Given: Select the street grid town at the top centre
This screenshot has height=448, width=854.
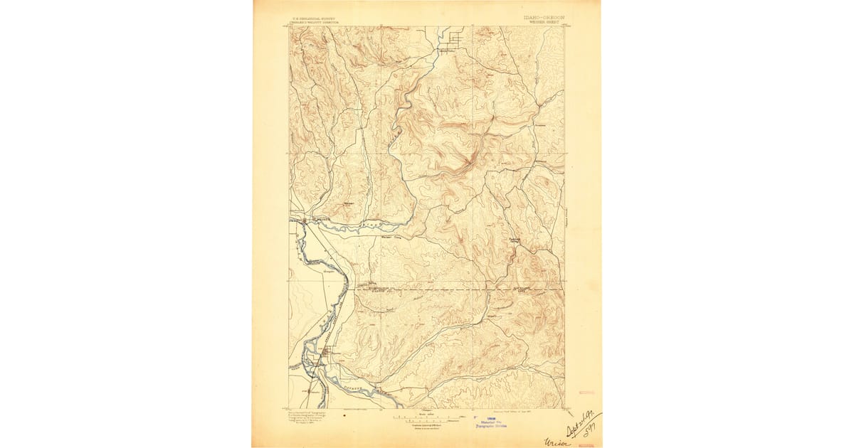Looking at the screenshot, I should coord(449,41).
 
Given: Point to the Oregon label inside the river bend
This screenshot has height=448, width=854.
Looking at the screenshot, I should coord(330,271).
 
